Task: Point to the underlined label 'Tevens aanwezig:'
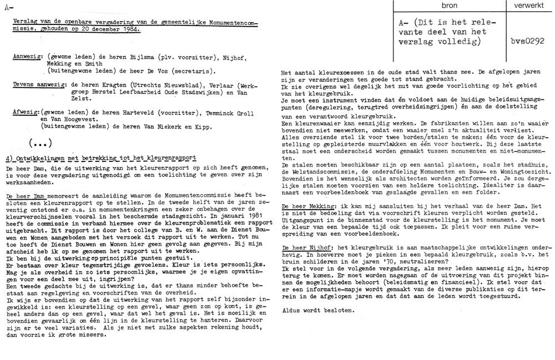(x=33, y=84)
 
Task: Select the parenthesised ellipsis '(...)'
(x=40, y=141)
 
